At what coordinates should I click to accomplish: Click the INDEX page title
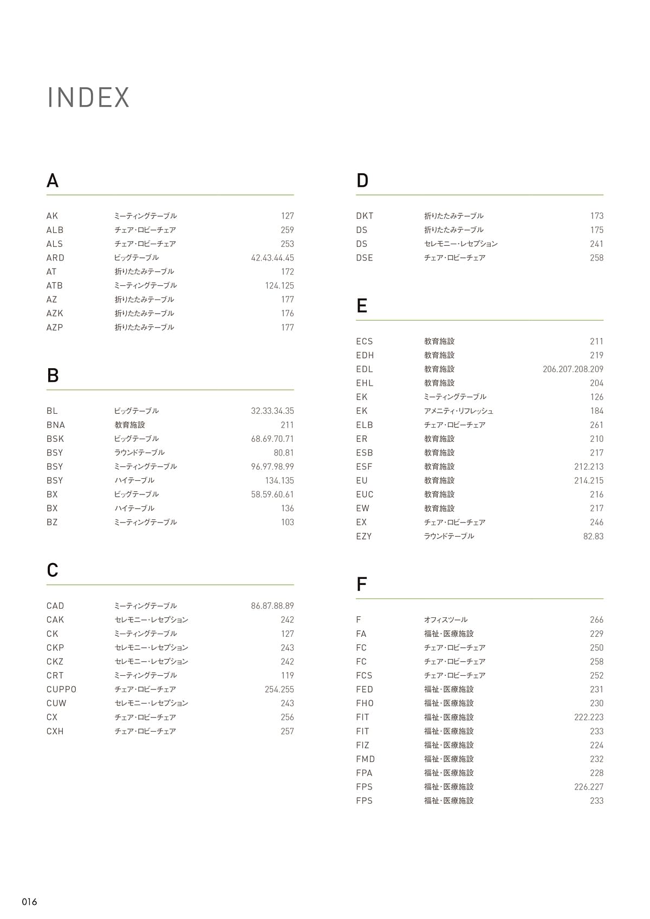pos(88,98)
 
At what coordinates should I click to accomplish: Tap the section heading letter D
pos(362,180)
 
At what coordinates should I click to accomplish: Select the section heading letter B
pos(53,375)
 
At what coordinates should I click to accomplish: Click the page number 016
pos(29,902)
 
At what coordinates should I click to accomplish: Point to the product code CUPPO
pos(61,689)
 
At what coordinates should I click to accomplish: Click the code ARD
pos(55,258)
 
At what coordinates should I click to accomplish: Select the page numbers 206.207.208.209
pos(573,369)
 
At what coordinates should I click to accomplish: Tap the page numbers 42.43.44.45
pos(272,258)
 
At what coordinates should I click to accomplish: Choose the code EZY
pos(364,536)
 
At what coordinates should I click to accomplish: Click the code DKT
pos(365,216)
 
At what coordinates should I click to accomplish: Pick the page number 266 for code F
pos(596,620)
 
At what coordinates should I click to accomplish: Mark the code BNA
pos(55,425)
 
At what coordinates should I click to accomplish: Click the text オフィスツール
pos(445,620)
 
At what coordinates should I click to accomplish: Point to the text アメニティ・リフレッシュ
pos(458,411)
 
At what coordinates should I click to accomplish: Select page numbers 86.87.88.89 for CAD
pos(272,606)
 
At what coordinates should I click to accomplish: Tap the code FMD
pos(365,759)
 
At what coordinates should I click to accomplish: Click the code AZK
pos(55,314)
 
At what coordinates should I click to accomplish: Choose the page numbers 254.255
pos(279,689)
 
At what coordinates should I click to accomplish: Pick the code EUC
pos(365,494)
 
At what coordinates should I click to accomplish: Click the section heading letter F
pos(361,584)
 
